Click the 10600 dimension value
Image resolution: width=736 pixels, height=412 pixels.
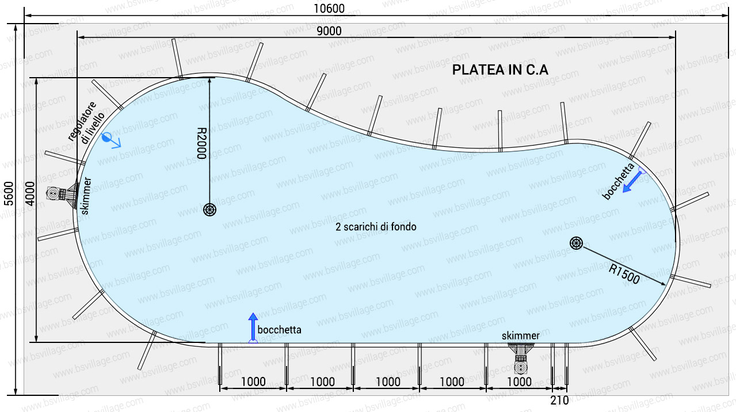click(329, 9)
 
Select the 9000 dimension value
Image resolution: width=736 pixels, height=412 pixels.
click(329, 31)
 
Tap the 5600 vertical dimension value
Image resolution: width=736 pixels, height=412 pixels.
click(9, 193)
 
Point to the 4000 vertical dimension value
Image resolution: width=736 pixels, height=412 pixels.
click(30, 193)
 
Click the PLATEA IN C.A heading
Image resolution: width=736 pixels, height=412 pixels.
click(500, 70)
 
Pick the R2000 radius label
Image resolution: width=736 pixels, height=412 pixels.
click(201, 143)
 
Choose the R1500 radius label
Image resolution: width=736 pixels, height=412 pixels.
click(624, 274)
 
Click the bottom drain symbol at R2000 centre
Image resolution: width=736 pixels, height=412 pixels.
click(209, 209)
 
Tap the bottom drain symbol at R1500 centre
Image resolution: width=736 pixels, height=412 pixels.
click(576, 243)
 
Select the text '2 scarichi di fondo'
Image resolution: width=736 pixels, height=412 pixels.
click(376, 227)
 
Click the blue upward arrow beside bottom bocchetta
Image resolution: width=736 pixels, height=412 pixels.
click(253, 327)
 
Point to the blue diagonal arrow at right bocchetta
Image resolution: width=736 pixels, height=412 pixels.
click(632, 182)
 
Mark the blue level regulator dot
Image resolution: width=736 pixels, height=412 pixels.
click(106, 138)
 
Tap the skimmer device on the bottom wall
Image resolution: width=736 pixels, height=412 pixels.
click(521, 359)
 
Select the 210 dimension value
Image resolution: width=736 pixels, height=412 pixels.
click(559, 400)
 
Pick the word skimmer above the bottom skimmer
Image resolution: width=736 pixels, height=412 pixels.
click(520, 336)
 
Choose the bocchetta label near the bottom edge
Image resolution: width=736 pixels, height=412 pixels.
click(279, 330)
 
